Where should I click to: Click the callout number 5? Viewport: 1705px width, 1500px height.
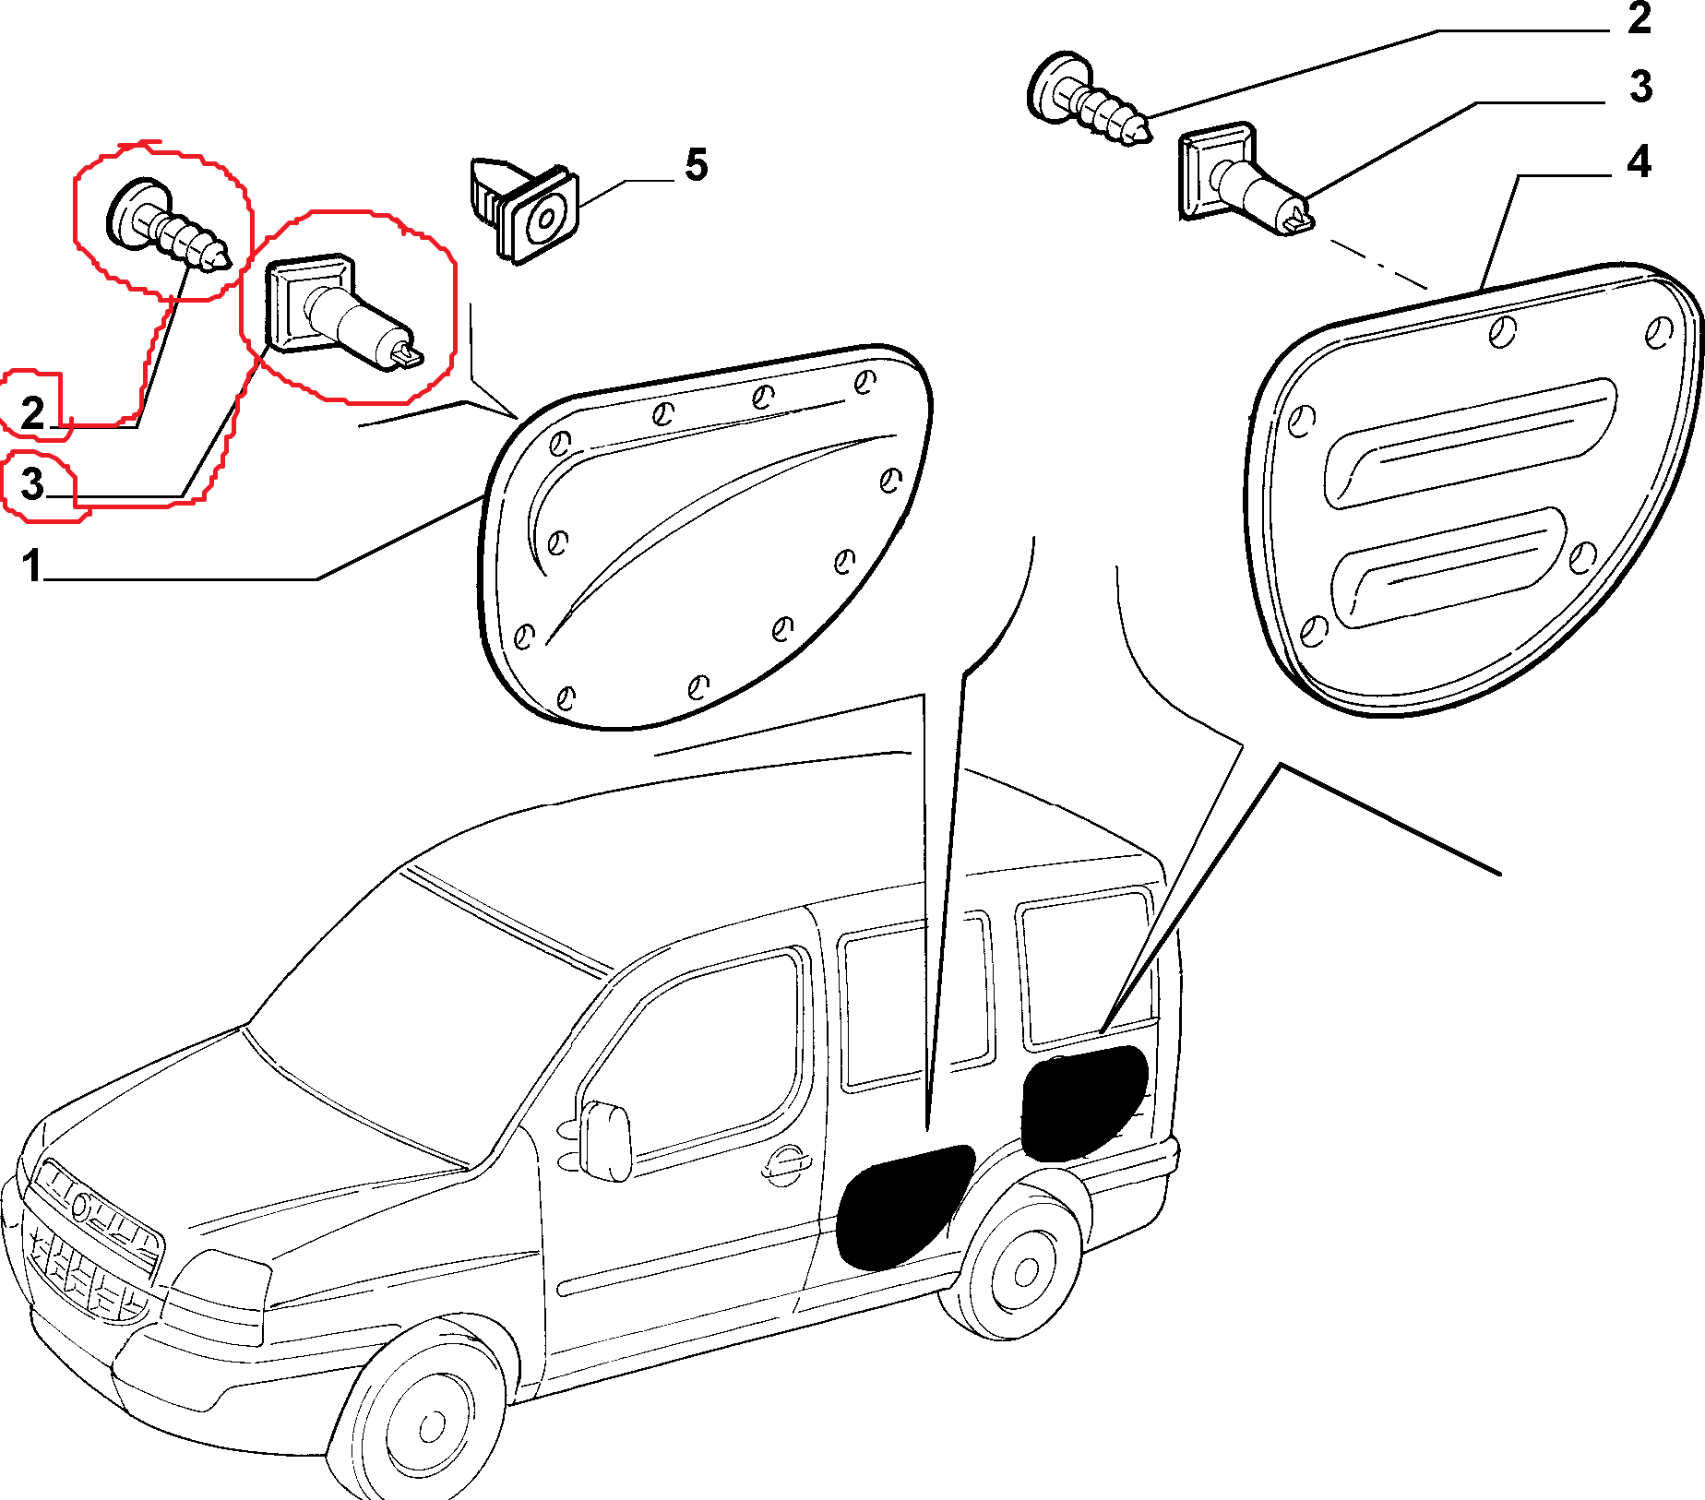coord(696,165)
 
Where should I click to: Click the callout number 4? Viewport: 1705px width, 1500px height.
coord(1638,161)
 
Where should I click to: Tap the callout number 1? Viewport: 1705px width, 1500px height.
coord(32,565)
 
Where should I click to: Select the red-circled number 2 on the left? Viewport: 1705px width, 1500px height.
coord(33,411)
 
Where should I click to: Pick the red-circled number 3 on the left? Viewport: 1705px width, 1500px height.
coord(33,483)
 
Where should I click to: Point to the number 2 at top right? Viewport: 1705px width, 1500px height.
coord(1639,18)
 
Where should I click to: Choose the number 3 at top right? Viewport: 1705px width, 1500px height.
coord(1639,87)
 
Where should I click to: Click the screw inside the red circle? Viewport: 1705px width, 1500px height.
coord(166,225)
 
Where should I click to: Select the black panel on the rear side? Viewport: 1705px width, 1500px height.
coord(1084,1102)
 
